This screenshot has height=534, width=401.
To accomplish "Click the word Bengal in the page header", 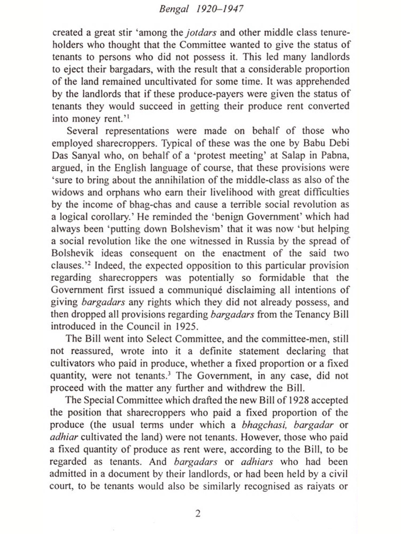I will click(173, 9).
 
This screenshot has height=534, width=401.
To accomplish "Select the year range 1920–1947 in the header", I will click(220, 9).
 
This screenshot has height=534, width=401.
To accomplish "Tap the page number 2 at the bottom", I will click(198, 513).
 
